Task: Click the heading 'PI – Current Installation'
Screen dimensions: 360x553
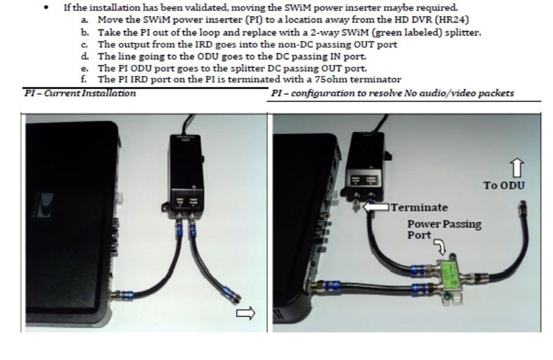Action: [x=80, y=93]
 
